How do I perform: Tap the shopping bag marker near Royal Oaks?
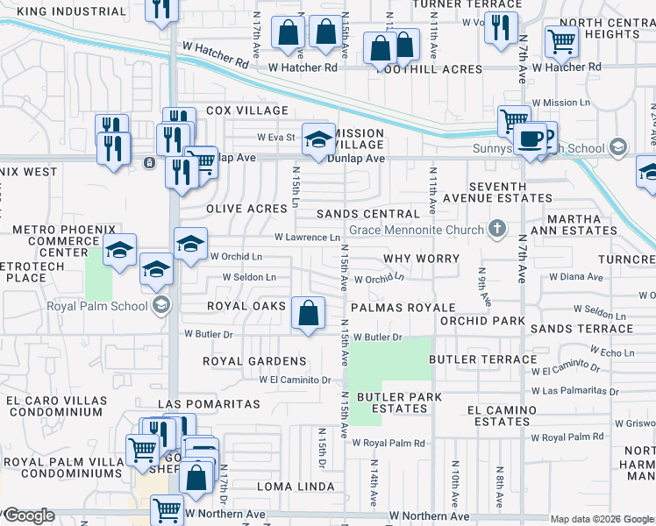pos(308,313)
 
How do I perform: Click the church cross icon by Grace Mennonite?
pos(497,230)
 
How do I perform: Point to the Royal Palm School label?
pos(101,305)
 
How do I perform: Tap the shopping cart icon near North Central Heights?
pos(561,40)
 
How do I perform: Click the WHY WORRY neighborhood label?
pos(421,259)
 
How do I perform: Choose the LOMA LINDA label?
pos(296,486)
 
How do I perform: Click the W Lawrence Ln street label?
pos(306,238)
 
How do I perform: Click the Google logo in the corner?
pos(29,515)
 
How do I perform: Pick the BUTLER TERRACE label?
pos(482,359)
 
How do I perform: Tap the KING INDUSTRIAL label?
pos(71,12)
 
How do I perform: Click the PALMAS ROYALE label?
pos(403,308)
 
